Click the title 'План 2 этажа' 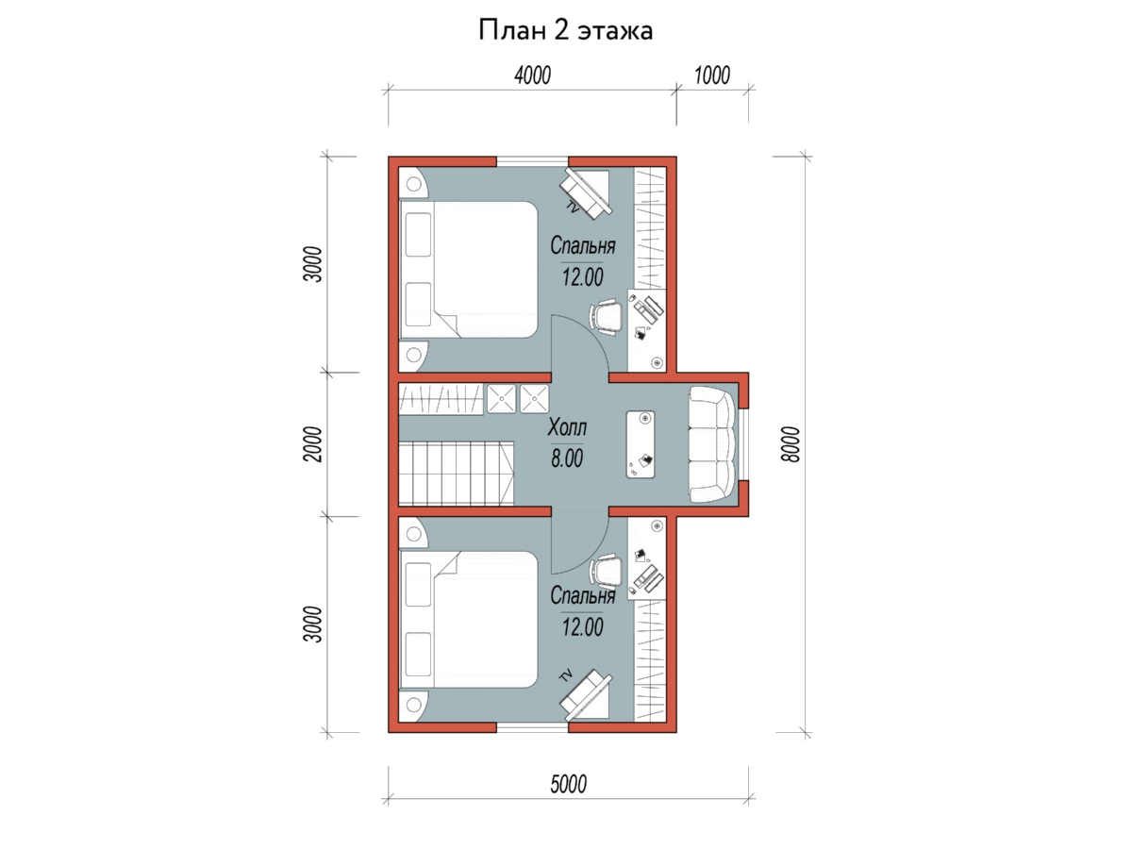(565, 30)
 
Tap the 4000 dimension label (533, 75)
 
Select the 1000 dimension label (711, 75)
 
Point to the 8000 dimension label (791, 444)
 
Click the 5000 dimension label (568, 784)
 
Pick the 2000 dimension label (312, 444)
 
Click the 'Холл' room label (567, 427)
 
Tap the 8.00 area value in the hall (567, 458)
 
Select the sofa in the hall (713, 444)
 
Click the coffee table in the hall (641, 444)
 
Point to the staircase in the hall (457, 474)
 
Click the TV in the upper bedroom (587, 193)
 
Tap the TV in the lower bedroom (587, 694)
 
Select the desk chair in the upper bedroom (606, 317)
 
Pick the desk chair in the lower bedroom (606, 572)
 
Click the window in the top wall (532, 161)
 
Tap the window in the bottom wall (532, 727)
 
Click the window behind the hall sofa (743, 444)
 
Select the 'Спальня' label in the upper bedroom (583, 246)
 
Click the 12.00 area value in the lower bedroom (583, 627)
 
